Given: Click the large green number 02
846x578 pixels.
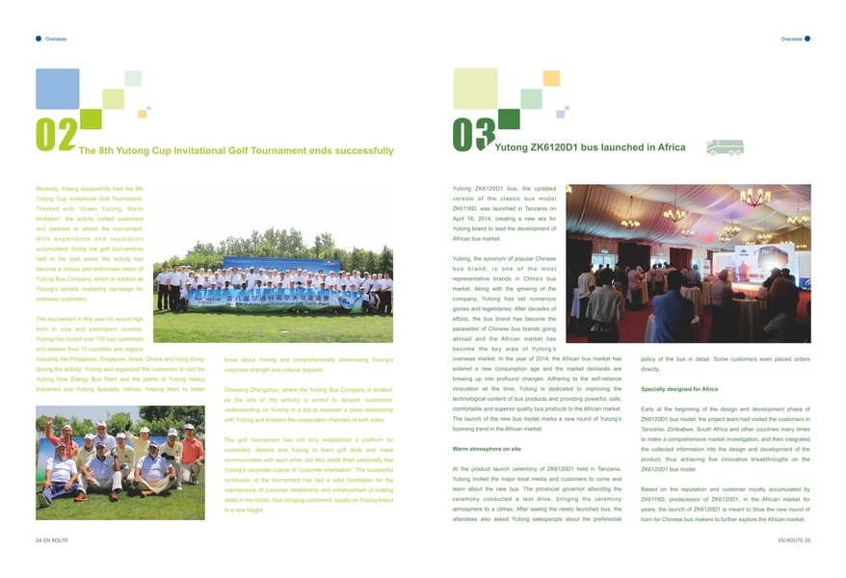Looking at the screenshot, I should point(56,137).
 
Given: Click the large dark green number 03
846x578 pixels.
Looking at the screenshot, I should point(473,136).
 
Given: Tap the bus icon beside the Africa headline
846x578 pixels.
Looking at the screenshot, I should point(724,147).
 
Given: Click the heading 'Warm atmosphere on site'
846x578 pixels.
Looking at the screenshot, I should point(487,449).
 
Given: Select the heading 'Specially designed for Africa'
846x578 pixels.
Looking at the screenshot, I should point(678,388).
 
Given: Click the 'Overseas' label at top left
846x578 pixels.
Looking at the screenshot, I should point(56,39).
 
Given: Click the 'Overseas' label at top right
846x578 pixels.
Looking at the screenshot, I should point(791,39).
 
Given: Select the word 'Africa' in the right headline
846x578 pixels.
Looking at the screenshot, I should point(665,148).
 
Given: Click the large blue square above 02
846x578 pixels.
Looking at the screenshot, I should point(57,89).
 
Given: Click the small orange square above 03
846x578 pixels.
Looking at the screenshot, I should point(551,78).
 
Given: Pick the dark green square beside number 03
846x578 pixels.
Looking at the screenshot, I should point(508,118).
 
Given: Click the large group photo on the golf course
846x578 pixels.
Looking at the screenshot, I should point(274,288).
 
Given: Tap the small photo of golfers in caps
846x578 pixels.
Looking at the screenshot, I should point(120,461).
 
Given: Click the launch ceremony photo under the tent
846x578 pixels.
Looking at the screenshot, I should point(688,263).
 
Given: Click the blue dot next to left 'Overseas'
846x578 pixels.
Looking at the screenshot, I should point(39,39).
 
